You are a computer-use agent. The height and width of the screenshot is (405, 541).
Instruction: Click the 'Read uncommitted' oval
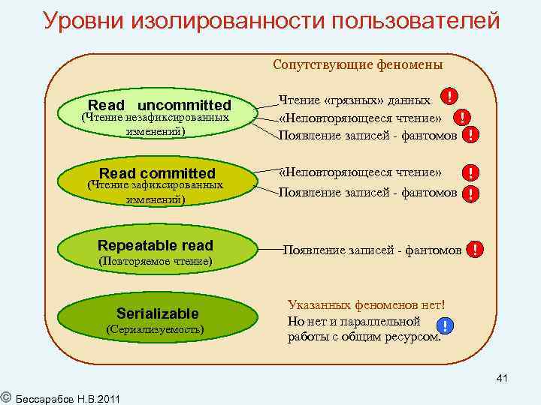159,116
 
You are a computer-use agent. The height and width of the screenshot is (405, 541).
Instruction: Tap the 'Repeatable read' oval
156,250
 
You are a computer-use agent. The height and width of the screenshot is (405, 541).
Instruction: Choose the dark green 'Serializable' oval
158,319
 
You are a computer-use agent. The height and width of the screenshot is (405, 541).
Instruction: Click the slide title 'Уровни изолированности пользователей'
271,20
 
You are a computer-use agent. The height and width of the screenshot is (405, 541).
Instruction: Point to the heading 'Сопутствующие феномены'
358,64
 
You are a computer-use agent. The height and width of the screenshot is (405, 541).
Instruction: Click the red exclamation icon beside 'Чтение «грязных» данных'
449,97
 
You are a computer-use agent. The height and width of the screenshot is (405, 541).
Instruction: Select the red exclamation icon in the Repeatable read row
475,250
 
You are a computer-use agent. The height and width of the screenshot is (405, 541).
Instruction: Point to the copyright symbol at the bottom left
5,394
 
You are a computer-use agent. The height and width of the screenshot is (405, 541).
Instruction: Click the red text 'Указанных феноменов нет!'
367,306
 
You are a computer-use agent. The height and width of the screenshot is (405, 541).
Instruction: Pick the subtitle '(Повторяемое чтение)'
156,262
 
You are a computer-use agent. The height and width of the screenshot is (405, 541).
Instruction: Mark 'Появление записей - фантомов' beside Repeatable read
372,250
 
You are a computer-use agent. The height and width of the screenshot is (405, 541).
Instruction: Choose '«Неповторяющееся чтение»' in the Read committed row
360,172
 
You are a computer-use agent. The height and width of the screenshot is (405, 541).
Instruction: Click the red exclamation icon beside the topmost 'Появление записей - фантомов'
470,135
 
